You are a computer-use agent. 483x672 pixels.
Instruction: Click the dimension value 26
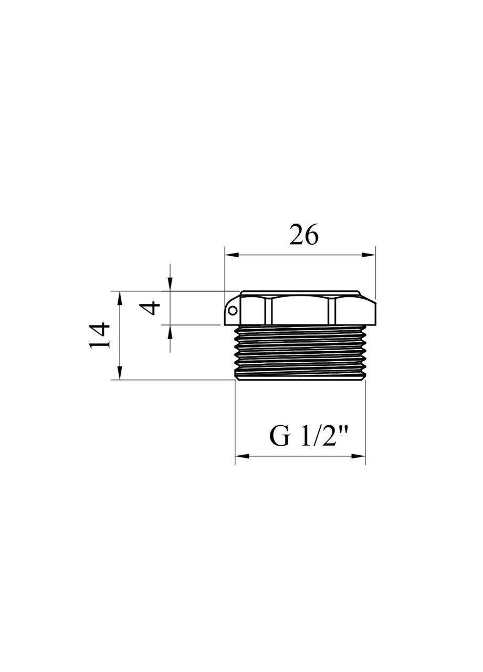[303, 236]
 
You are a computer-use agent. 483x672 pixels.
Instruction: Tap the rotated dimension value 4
[153, 307]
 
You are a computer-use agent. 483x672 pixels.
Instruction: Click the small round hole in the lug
[232, 310]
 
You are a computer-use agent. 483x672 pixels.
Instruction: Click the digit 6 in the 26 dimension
[311, 236]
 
